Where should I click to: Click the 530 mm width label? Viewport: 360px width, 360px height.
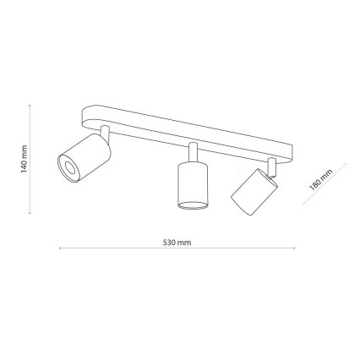[177, 243]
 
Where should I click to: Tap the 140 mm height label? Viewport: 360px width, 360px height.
[24, 159]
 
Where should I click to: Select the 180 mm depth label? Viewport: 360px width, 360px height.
[320, 179]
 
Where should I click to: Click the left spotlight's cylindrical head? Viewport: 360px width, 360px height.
[84, 158]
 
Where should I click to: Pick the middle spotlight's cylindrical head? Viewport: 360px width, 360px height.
[193, 185]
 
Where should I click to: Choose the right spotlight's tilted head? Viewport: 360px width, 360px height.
[254, 192]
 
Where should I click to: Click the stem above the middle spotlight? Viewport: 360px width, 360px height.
[194, 152]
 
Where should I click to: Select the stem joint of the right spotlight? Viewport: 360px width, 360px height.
[272, 167]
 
